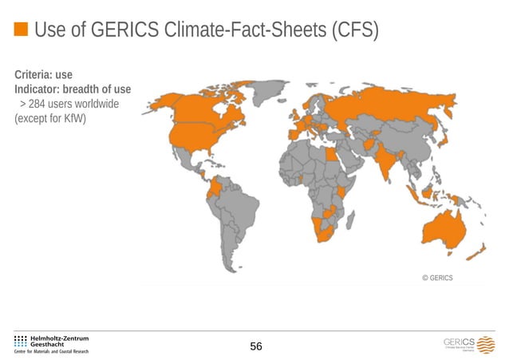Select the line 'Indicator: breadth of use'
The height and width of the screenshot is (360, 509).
tap(73, 89)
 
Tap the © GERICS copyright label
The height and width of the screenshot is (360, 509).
tap(437, 278)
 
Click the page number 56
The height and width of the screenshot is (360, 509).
tap(256, 346)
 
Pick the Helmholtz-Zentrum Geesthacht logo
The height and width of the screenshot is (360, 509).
tap(52, 343)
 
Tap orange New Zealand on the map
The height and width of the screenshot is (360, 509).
tap(476, 254)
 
